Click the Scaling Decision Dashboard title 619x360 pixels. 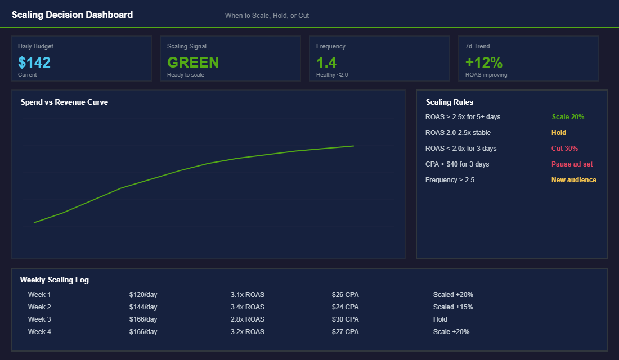[x=72, y=15]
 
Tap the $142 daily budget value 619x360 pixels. [x=34, y=62]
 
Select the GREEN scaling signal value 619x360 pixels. [x=193, y=62]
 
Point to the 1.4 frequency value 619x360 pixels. [x=326, y=62]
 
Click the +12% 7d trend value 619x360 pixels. [x=484, y=62]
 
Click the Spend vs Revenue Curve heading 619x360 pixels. [x=64, y=102]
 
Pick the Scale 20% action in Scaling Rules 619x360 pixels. [x=568, y=117]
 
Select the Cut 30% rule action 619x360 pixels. [x=564, y=148]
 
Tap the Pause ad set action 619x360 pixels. [x=572, y=164]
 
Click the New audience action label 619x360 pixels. [x=573, y=180]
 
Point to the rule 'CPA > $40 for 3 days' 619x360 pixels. [x=457, y=164]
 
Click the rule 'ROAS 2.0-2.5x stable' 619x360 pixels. [x=458, y=133]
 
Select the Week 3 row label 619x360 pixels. [x=39, y=319]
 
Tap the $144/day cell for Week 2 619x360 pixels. [x=143, y=307]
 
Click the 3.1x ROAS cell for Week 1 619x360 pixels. [x=247, y=295]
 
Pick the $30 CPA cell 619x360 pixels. [x=345, y=319]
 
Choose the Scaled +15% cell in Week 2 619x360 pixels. [x=453, y=307]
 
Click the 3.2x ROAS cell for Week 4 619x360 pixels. [x=247, y=332]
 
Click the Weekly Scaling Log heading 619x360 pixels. [x=54, y=280]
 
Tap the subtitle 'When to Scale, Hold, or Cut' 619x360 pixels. [x=267, y=16]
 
